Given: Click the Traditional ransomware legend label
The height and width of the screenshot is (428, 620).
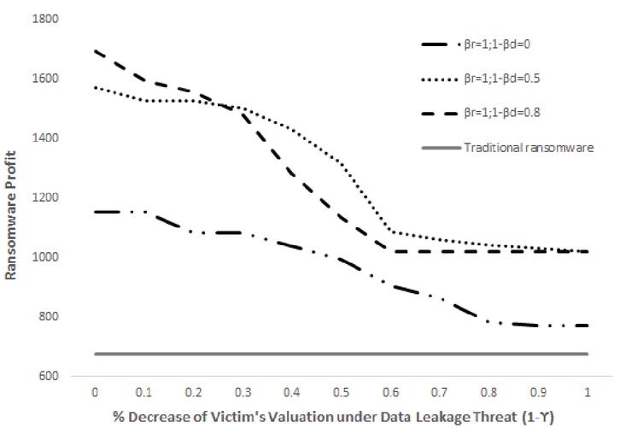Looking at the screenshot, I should [x=517, y=147].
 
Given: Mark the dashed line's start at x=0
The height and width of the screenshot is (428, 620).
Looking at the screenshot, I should [x=94, y=50].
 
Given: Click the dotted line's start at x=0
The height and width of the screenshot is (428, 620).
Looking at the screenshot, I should [x=94, y=87].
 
